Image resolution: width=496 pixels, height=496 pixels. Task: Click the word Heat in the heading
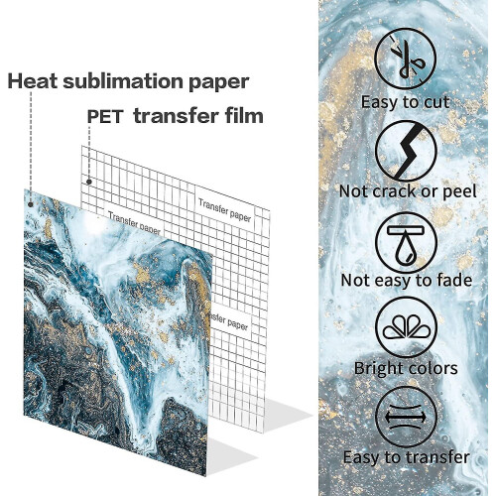point(33,81)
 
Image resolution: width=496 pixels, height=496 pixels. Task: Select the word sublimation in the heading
point(123,81)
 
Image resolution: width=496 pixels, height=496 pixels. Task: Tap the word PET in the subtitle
point(105,116)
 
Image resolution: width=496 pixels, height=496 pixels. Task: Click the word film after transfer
point(244,116)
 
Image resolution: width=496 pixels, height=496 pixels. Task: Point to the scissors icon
point(406,59)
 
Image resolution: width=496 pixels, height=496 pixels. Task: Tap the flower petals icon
point(407,327)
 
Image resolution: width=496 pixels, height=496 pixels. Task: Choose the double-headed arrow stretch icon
point(407,418)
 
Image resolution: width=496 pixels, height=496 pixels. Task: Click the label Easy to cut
point(405,102)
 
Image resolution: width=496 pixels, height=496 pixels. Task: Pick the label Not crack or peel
point(408,191)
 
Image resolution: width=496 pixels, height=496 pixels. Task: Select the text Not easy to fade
point(407,280)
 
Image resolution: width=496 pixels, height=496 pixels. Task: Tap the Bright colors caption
point(406,368)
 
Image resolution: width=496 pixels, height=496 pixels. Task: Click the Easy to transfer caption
point(407,457)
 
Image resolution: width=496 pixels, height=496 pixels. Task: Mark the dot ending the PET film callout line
point(89,182)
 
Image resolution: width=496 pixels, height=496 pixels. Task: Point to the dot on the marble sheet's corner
point(31,204)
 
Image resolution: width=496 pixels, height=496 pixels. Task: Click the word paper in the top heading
point(218,82)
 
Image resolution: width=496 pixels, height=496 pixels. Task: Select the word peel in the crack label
point(459,192)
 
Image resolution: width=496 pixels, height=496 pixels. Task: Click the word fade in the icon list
point(454,280)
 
